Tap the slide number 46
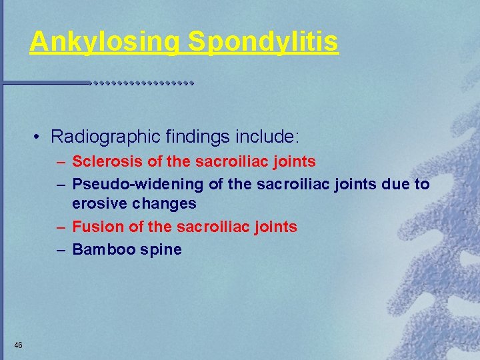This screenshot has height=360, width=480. tap(18, 345)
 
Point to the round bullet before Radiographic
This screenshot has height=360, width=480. tap(37, 137)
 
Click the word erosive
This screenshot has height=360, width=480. tap(98, 203)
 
